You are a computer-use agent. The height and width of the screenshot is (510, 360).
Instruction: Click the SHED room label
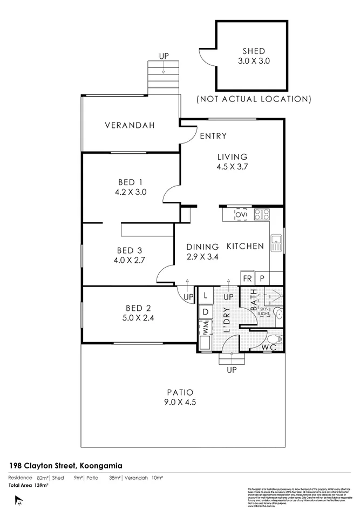tap(253, 52)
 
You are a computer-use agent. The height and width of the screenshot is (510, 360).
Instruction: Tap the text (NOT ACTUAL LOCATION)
tap(253, 99)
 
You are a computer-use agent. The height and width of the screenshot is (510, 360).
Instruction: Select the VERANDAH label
tap(130, 125)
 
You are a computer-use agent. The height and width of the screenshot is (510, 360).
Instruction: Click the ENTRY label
tap(213, 136)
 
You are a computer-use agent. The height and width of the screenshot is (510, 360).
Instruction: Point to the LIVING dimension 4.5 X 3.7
tap(232, 167)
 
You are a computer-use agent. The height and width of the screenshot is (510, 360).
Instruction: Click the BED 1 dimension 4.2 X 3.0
tap(131, 192)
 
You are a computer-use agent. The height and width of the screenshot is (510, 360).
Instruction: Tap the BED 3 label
tap(131, 250)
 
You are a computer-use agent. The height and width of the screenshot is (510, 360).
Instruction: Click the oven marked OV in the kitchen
tap(241, 215)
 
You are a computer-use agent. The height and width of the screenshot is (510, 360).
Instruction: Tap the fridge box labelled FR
tap(247, 278)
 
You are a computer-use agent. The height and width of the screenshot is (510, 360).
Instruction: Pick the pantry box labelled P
tap(262, 278)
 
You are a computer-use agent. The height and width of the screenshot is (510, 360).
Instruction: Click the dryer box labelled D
tap(206, 311)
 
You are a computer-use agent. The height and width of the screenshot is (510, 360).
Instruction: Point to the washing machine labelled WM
tap(206, 327)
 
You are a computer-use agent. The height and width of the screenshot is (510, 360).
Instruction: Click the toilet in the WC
tap(275, 338)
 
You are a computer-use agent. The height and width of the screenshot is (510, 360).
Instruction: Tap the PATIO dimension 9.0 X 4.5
tap(180, 402)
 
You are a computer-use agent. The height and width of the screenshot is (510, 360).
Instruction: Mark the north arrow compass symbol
tap(19, 501)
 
